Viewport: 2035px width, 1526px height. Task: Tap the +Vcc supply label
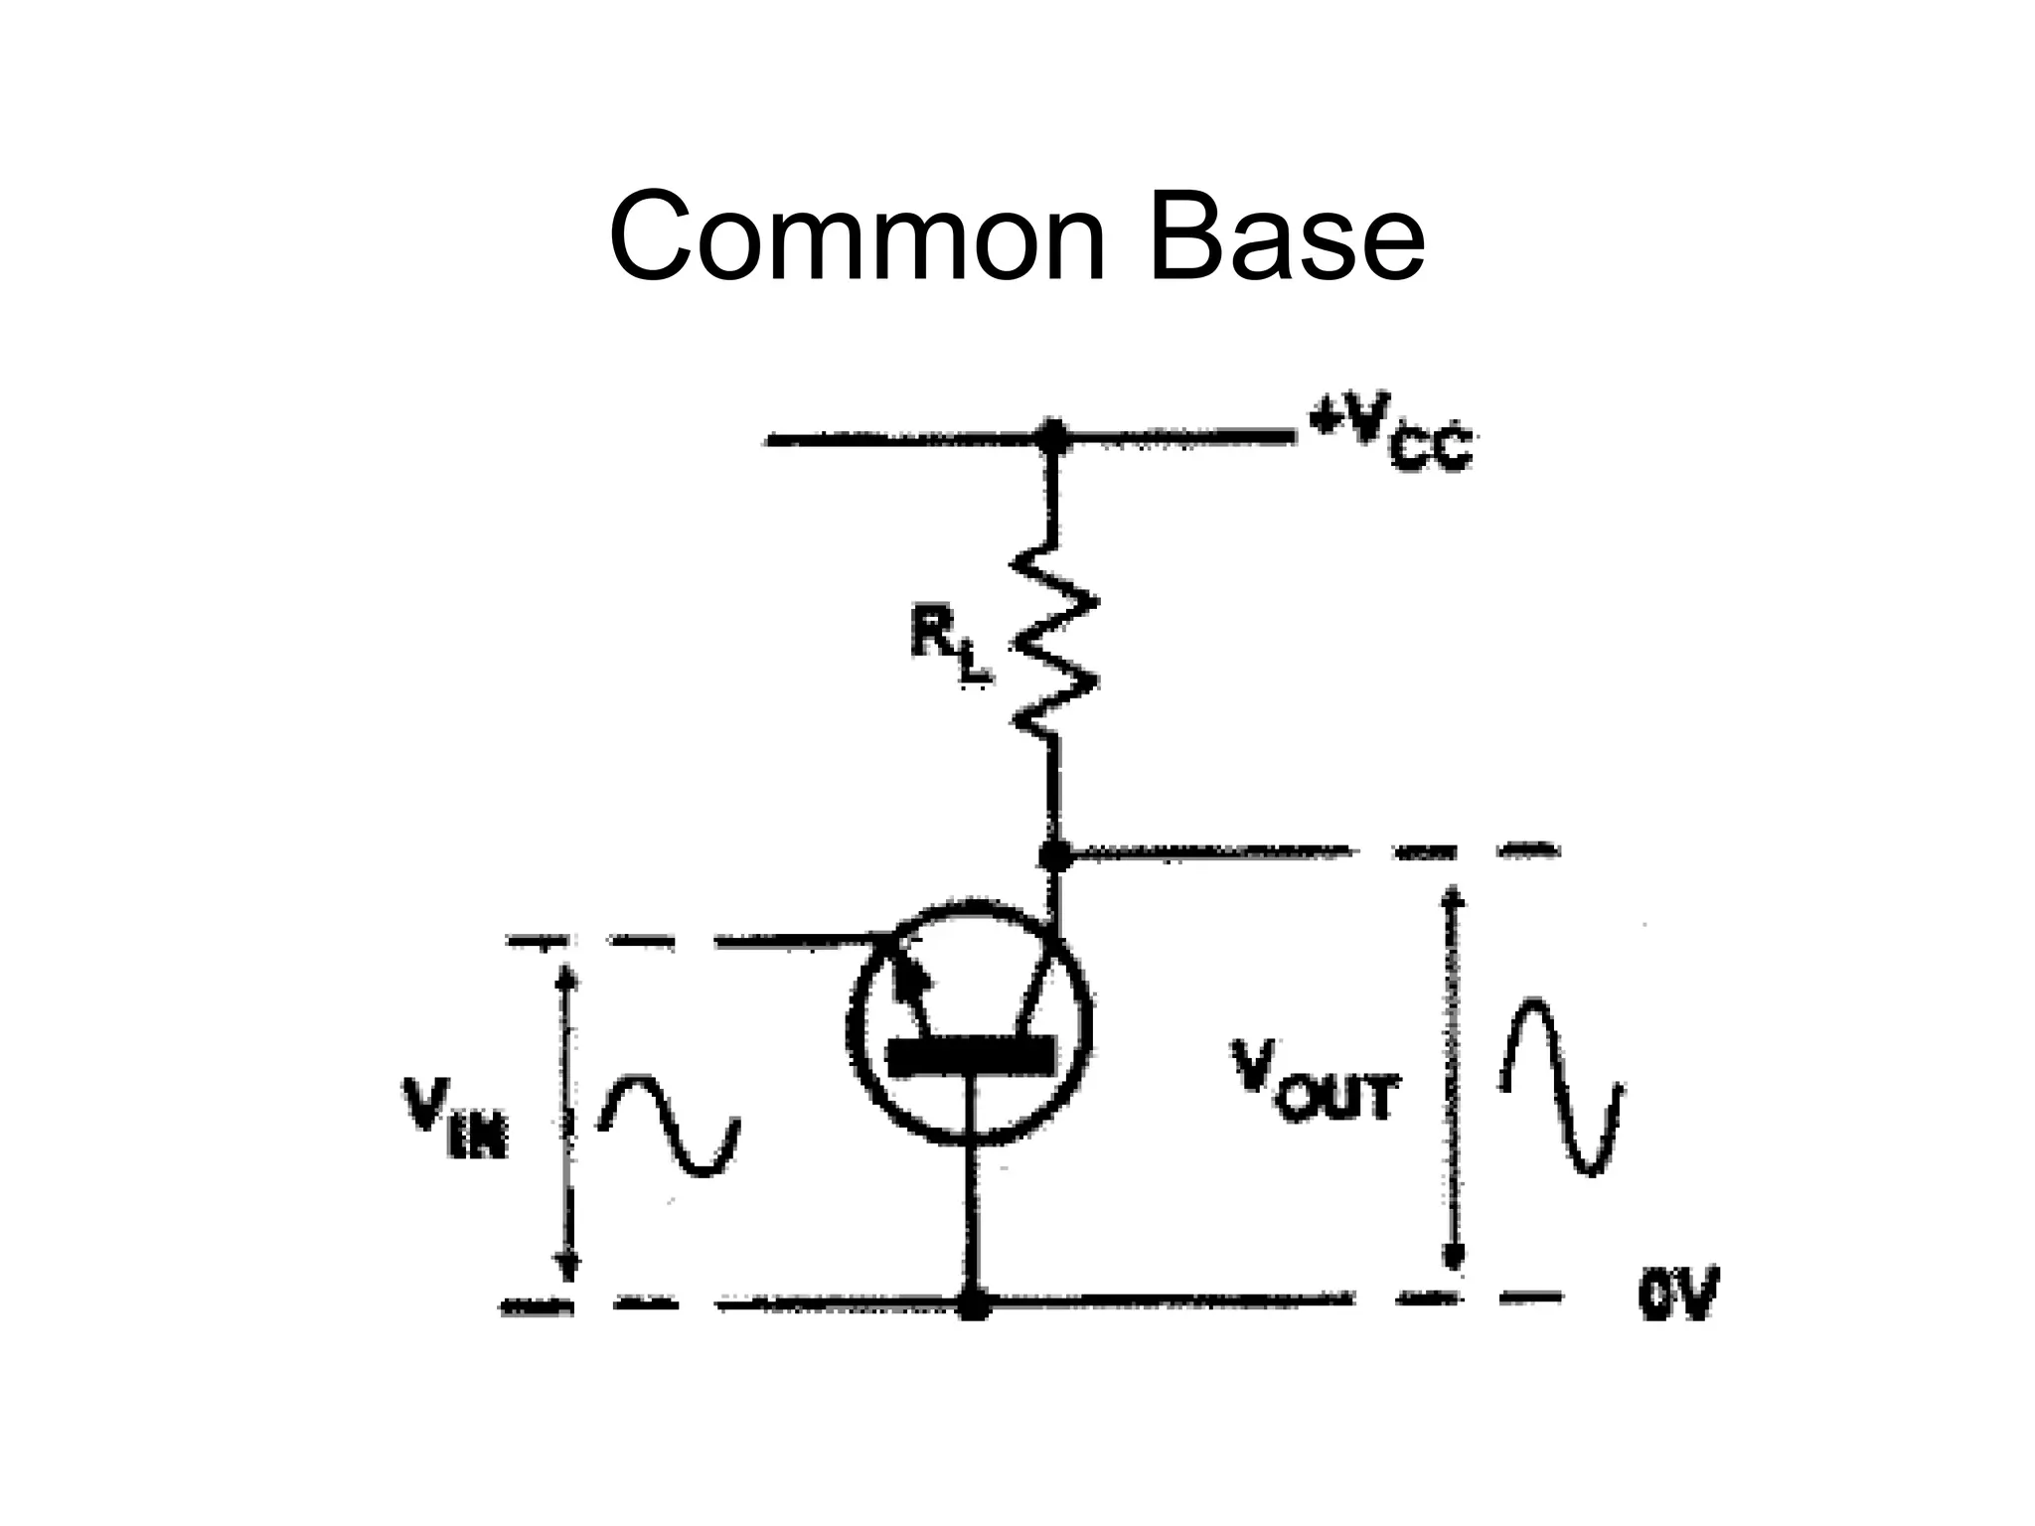click(1391, 437)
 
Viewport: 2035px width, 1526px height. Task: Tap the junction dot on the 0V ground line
click(975, 1303)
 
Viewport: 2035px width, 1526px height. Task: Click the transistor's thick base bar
click(971, 1056)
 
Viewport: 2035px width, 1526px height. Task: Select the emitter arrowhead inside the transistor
click(912, 981)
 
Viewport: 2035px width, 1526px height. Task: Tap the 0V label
click(1678, 1296)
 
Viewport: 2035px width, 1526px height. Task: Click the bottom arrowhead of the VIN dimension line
click(566, 1267)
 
